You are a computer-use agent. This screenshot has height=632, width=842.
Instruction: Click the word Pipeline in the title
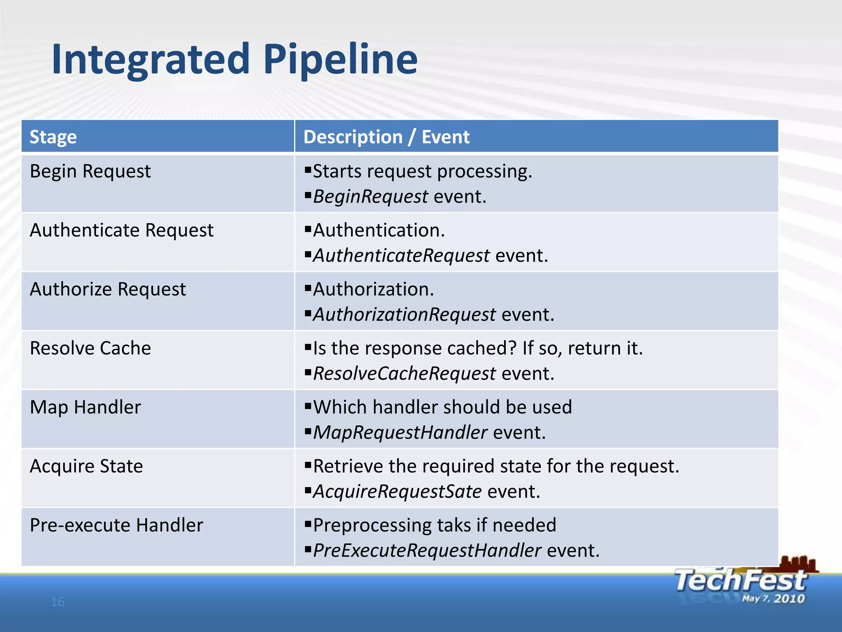tap(340, 60)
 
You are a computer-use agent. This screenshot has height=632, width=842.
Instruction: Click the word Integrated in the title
tap(150, 60)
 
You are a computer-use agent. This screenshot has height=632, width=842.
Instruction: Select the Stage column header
tap(53, 137)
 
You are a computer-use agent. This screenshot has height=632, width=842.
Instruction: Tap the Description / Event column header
tap(386, 137)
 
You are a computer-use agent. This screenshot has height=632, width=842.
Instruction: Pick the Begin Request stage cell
tap(90, 171)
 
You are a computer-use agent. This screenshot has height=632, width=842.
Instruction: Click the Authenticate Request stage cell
tap(122, 230)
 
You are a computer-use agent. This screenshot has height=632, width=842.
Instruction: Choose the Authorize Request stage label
tap(108, 289)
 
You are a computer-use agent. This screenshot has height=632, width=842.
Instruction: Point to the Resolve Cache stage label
tap(90, 348)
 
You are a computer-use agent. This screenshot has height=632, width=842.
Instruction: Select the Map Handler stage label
tap(86, 407)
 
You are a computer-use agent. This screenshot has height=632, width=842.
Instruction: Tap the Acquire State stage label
tap(86, 466)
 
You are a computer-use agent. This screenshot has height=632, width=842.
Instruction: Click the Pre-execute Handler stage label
tap(116, 525)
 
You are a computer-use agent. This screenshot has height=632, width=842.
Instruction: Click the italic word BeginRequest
tap(370, 197)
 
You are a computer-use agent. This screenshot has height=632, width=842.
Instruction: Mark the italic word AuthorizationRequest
tap(404, 315)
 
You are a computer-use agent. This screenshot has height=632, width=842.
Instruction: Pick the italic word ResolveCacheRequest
tap(404, 374)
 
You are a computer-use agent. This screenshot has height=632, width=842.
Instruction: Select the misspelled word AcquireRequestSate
tap(397, 492)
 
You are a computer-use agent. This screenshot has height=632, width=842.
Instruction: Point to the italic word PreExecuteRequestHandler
tap(427, 551)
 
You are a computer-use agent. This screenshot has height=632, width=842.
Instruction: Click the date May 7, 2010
tap(773, 599)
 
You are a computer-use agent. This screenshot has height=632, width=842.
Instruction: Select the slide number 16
tap(58, 602)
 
